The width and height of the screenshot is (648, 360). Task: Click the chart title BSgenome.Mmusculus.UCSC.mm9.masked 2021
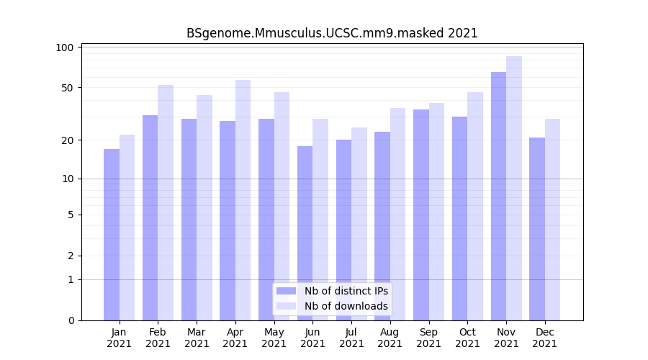pos(332,33)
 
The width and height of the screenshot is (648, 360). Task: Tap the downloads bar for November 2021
pos(514,188)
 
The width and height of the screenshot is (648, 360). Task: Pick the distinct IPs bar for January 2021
pos(112,235)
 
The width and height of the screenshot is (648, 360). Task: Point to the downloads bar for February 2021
pos(166,202)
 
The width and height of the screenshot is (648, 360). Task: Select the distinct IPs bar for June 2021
pos(305,233)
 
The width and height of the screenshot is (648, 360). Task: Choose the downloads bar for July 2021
pos(359,224)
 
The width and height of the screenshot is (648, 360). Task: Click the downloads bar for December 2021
pos(553,220)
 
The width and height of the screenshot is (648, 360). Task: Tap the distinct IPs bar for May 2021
pos(266,220)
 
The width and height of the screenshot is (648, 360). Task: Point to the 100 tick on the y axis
pos(66,48)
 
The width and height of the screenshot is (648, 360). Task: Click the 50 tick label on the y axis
pos(68,88)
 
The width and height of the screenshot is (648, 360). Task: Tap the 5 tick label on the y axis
pos(71,215)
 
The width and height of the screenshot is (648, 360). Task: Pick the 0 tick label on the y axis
pos(71,320)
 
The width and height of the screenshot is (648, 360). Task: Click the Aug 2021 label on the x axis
pos(390,338)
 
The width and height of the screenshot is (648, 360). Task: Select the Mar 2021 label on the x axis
pos(197,338)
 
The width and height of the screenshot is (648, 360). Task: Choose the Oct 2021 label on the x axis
pos(467,338)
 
